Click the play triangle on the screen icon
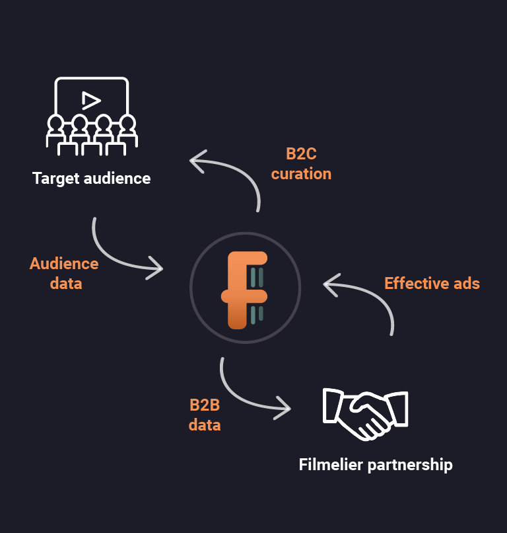pos(91,100)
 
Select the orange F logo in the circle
pos(246,290)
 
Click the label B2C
pos(301,154)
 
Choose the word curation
pos(301,174)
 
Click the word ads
pos(466,284)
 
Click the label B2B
pos(205,405)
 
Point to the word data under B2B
pos(205,425)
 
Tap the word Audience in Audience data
pos(64,264)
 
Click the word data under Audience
pos(65,284)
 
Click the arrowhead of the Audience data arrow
pos(156,268)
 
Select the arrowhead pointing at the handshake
pos(285,407)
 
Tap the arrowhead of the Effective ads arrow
pos(330,284)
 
